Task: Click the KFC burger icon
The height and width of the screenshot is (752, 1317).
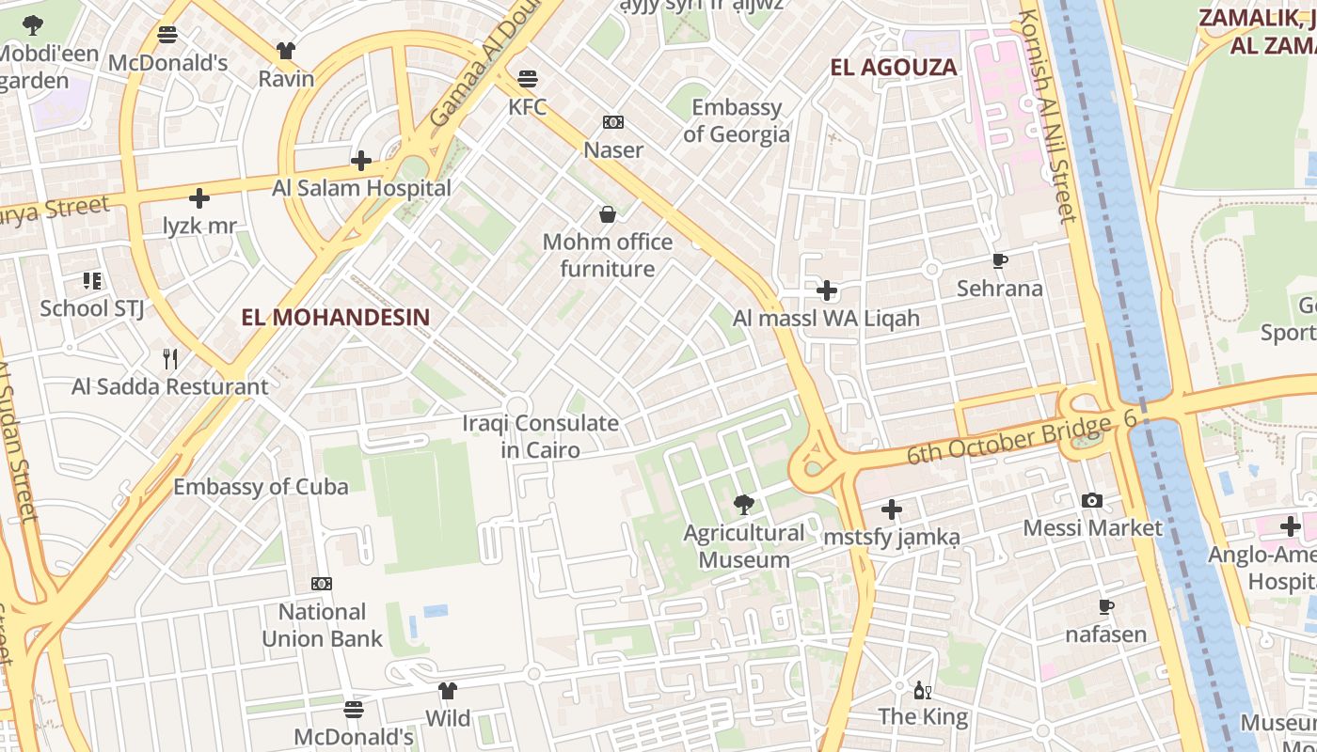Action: (528, 77)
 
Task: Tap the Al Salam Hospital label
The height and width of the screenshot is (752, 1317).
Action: (361, 188)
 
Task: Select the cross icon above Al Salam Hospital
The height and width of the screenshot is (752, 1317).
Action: (361, 161)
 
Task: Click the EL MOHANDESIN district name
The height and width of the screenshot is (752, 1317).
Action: (335, 317)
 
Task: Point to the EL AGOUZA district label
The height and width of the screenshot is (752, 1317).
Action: (894, 67)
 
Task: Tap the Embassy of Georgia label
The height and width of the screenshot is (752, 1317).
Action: (737, 120)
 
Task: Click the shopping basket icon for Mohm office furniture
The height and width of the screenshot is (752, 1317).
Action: (608, 215)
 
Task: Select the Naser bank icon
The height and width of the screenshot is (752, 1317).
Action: (613, 122)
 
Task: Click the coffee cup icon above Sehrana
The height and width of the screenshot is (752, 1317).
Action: (1000, 261)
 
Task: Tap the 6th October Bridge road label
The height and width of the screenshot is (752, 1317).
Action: (1008, 441)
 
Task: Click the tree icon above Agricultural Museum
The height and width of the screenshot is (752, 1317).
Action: (744, 505)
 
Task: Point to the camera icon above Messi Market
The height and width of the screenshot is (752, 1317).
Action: (1092, 500)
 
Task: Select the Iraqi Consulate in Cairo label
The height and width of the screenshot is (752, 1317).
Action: (541, 436)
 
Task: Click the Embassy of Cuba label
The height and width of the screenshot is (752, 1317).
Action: (261, 486)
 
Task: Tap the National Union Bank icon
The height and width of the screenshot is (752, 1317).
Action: (322, 584)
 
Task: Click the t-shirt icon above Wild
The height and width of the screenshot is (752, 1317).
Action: (448, 691)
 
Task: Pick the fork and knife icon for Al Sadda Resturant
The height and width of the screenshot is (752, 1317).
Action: (170, 358)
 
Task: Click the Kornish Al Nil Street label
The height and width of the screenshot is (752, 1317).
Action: (1047, 117)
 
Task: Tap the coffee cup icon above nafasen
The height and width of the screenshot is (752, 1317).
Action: (1106, 607)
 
